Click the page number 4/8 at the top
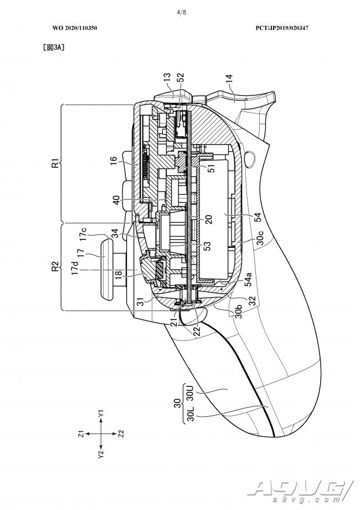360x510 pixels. [181, 12]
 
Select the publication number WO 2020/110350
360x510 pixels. [75, 28]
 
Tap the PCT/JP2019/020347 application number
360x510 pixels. [282, 28]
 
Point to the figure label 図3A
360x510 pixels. [54, 47]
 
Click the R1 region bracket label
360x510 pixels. [56, 162]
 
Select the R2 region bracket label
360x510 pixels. [56, 266]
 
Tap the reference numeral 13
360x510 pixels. [167, 78]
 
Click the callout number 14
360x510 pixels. [229, 80]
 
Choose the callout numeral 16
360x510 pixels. [114, 162]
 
